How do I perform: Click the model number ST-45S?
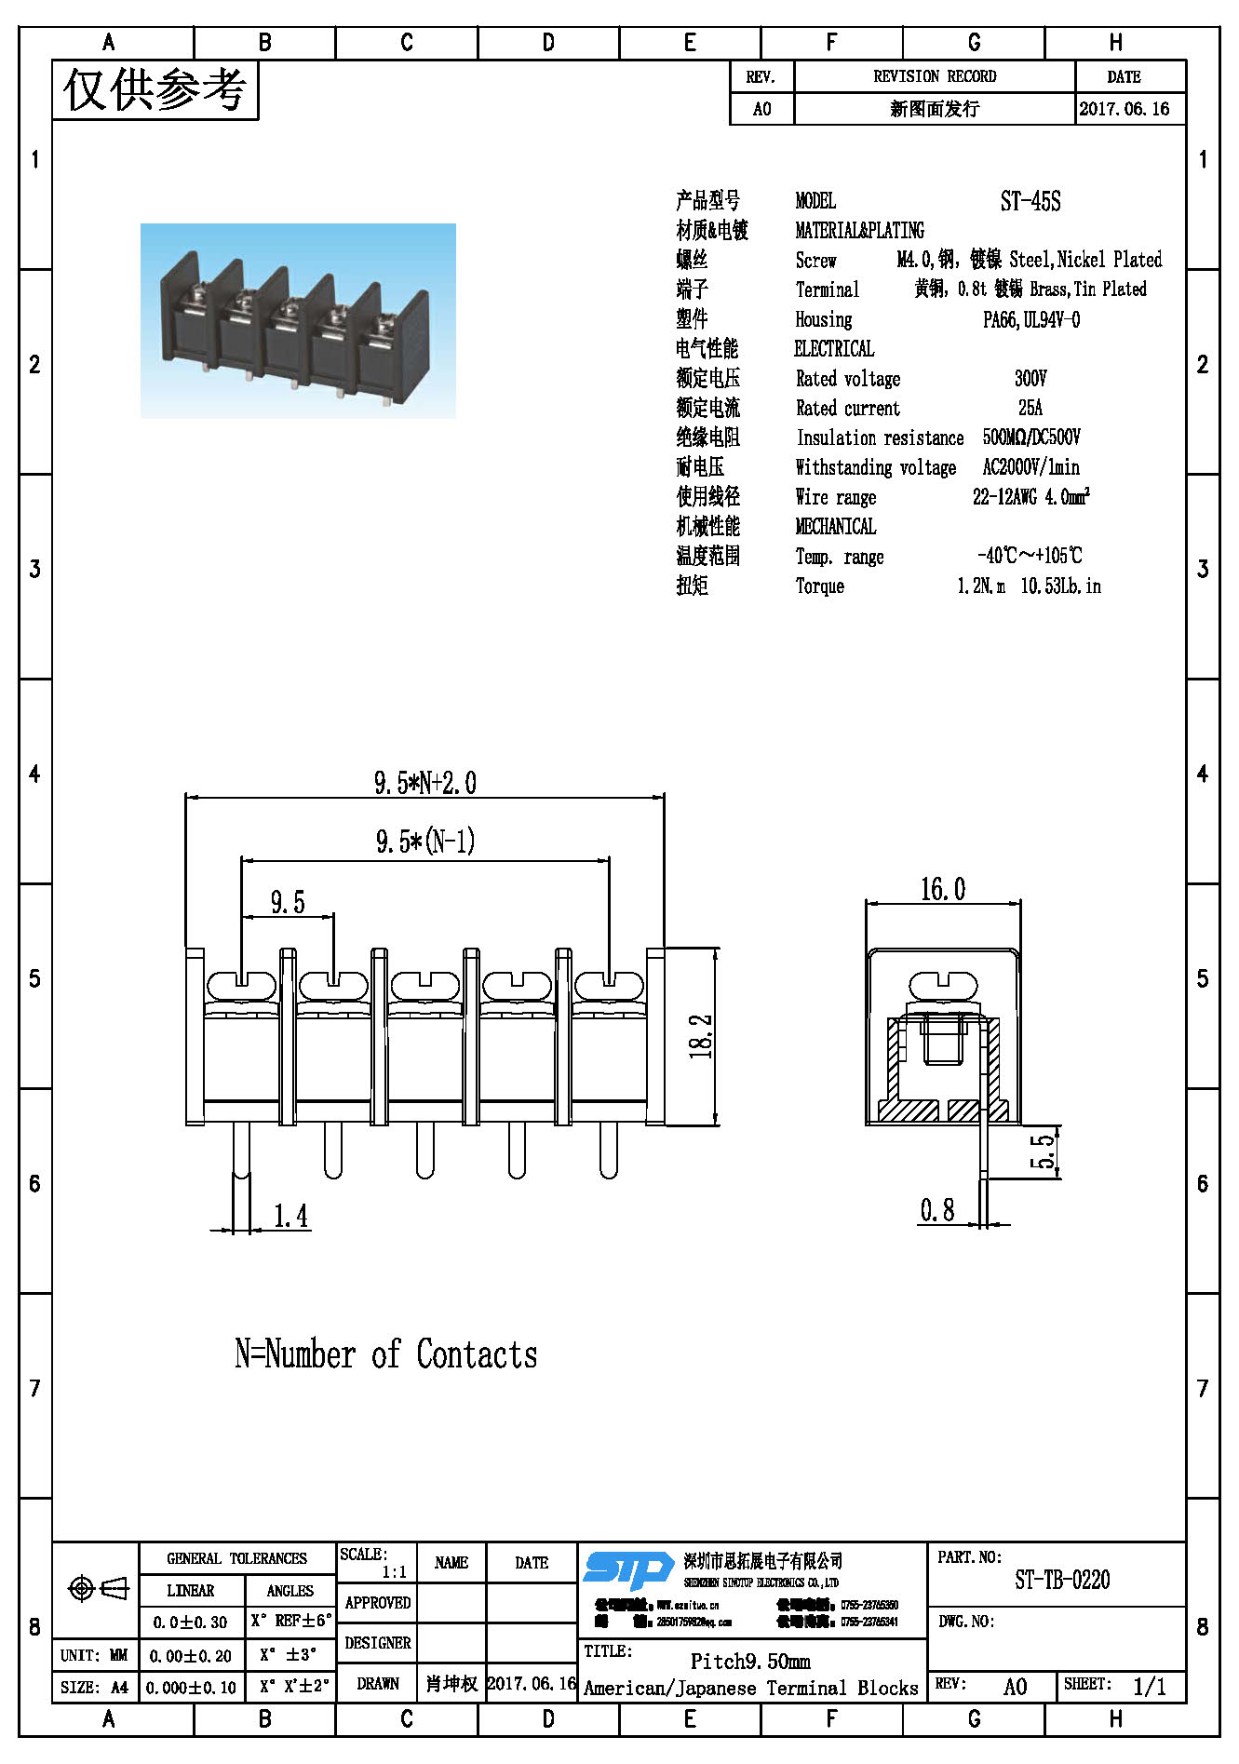coord(1030,201)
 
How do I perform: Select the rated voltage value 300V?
coord(1030,379)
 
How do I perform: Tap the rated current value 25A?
coord(1030,408)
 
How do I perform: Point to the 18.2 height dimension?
coord(701,1036)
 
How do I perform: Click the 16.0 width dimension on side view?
coord(942,890)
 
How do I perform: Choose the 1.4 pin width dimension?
coord(290,1216)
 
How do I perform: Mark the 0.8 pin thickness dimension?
coord(936,1210)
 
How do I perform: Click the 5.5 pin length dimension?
coord(1044,1151)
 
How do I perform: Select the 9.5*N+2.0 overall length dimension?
coord(424,783)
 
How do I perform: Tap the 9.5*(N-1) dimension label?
coord(425,842)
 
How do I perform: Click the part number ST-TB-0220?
coord(1062,1580)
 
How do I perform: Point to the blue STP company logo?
coord(628,1570)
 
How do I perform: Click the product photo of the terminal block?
coord(298,321)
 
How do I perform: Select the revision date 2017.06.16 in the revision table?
coord(1124,109)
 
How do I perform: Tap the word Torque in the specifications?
coord(819,586)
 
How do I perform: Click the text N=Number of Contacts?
coord(385,1354)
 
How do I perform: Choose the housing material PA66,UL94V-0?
coord(1030,320)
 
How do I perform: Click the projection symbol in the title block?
coord(98,1589)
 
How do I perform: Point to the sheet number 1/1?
coord(1149,1686)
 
